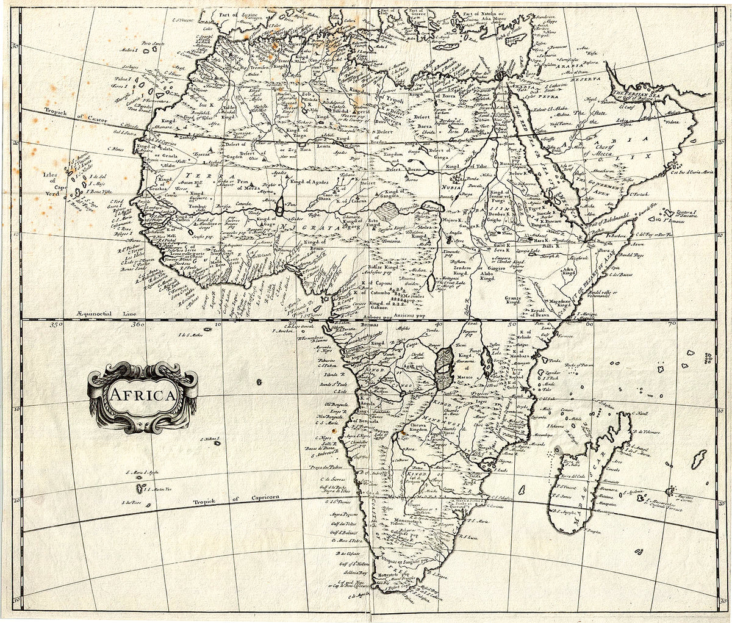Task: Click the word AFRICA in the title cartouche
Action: click(x=143, y=394)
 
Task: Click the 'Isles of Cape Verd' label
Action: click(x=52, y=180)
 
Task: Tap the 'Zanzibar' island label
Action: click(x=552, y=372)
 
